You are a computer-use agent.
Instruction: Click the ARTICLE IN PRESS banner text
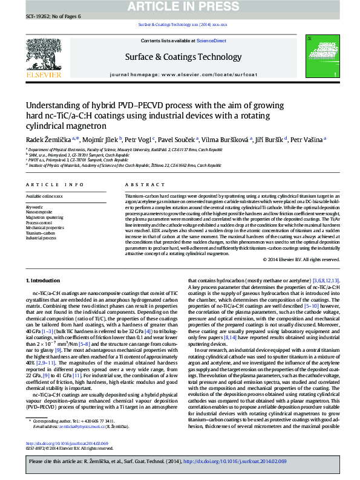coord(180,7)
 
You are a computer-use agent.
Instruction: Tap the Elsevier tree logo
coord(44,56)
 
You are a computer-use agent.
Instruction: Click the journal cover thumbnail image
coord(318,57)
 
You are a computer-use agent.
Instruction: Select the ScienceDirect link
coord(211,41)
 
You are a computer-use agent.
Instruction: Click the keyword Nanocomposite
coord(38,213)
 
